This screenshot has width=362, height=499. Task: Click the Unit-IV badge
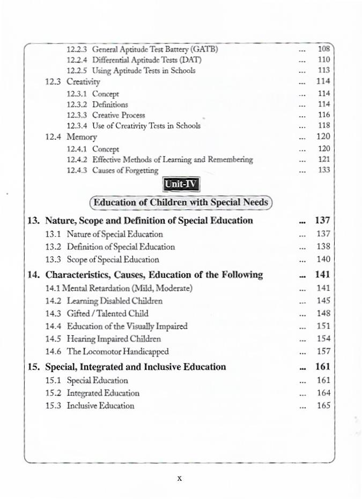click(181, 185)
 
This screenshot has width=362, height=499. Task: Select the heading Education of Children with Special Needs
click(181, 203)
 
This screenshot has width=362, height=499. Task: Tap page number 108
click(323, 49)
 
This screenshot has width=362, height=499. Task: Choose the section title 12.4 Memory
click(73, 137)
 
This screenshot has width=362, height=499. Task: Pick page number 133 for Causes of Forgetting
click(323, 170)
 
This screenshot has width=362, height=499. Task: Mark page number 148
click(323, 313)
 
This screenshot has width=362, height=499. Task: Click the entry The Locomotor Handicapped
click(117, 351)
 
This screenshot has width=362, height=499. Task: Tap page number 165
click(323, 406)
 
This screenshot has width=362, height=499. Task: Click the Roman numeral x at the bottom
click(180, 478)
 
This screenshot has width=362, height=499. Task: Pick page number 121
click(323, 160)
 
